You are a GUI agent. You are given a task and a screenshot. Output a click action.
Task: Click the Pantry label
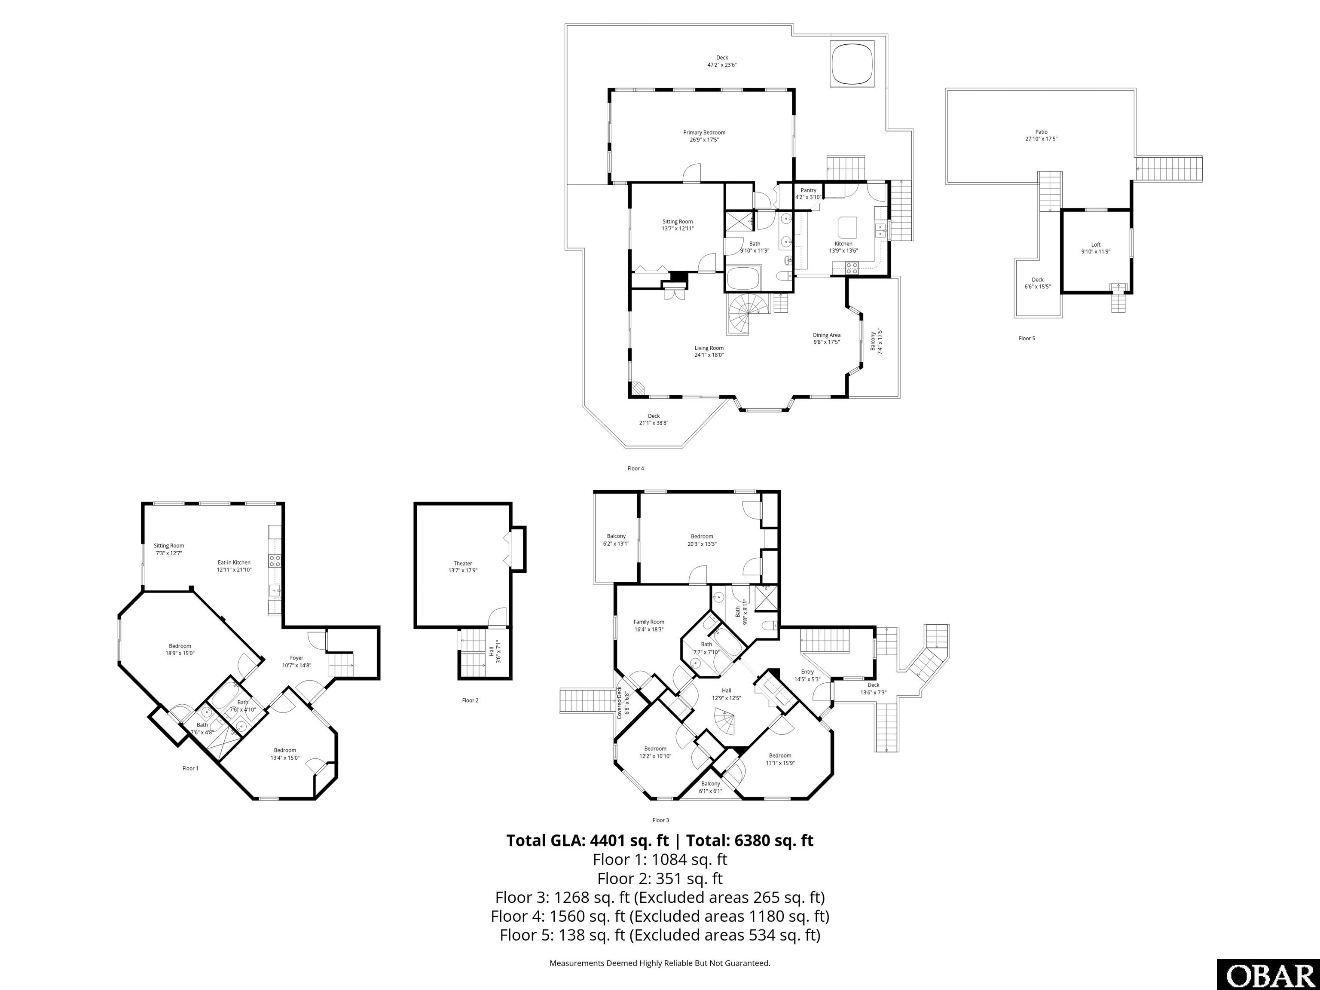(x=809, y=190)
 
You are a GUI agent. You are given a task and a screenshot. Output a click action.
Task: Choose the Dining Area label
(x=826, y=335)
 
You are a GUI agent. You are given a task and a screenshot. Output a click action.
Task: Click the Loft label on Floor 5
(x=1096, y=244)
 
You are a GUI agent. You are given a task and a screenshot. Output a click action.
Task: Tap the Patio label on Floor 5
(x=1041, y=132)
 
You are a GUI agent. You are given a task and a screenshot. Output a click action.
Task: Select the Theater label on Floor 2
(x=462, y=563)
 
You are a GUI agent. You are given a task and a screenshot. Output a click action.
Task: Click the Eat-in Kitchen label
(x=234, y=562)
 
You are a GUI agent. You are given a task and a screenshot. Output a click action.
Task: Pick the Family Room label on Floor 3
(x=649, y=622)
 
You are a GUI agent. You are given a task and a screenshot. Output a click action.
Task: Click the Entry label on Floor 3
(x=807, y=672)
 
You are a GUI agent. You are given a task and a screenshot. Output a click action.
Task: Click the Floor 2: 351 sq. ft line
(x=660, y=878)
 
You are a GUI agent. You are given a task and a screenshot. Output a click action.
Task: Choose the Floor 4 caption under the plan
(x=636, y=468)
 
